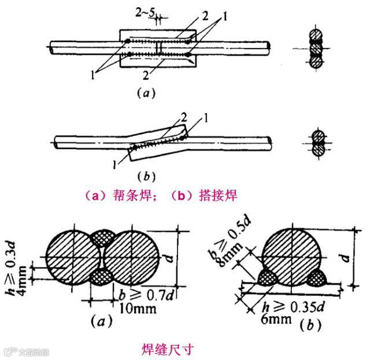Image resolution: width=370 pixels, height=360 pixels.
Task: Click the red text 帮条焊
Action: click(117, 197)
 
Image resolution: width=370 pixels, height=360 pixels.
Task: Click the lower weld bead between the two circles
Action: click(102, 276)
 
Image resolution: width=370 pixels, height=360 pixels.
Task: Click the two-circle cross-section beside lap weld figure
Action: click(317, 143)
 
